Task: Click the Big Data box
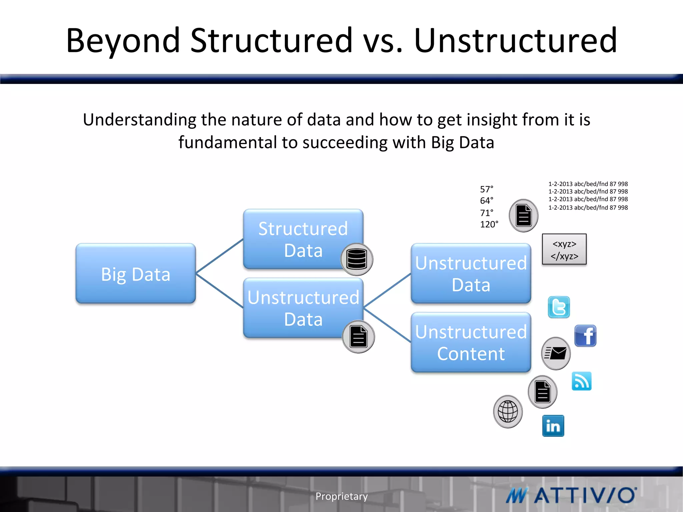[x=135, y=273]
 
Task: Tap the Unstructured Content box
[x=471, y=342]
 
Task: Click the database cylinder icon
[x=357, y=259]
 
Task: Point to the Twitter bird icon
[x=559, y=307]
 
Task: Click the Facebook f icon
[x=585, y=336]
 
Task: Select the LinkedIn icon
[x=553, y=426]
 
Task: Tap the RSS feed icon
[x=581, y=381]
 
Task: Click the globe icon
[x=508, y=411]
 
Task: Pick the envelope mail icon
[x=556, y=353]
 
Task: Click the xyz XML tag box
[x=564, y=249]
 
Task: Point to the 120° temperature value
[x=489, y=224]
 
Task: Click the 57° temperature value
[x=487, y=189]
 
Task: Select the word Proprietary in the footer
[x=341, y=496]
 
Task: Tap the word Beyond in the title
[x=123, y=41]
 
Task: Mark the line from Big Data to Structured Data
[x=219, y=256]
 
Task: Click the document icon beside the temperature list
[x=523, y=216]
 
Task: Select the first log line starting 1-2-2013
[x=588, y=184]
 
